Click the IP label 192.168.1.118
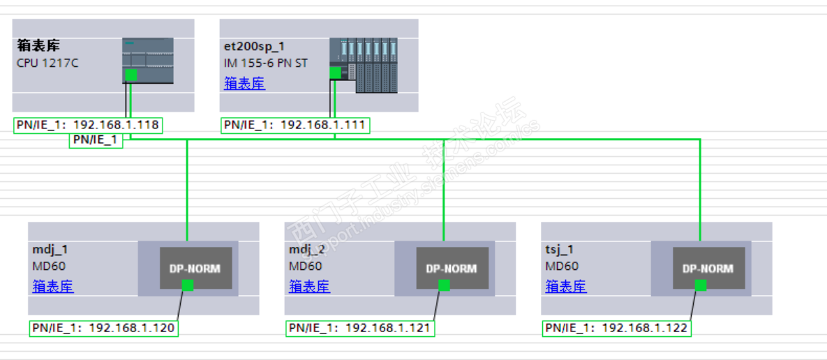pyautogui.click(x=88, y=126)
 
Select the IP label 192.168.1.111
pyautogui.click(x=295, y=126)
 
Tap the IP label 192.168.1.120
pyautogui.click(x=103, y=328)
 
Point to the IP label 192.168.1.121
pyautogui.click(x=360, y=328)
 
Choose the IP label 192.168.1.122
pyautogui.click(x=617, y=328)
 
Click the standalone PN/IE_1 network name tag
pyautogui.click(x=96, y=140)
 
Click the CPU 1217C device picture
pyautogui.click(x=148, y=61)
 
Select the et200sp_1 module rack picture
pyautogui.click(x=364, y=65)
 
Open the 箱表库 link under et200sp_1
pyautogui.click(x=244, y=84)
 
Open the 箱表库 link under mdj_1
pyautogui.click(x=53, y=286)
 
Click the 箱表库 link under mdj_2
pyautogui.click(x=309, y=286)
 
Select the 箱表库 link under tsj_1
pyautogui.click(x=566, y=286)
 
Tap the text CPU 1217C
pyautogui.click(x=47, y=63)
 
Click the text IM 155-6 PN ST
pyautogui.click(x=265, y=63)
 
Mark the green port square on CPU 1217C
pyautogui.click(x=131, y=75)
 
